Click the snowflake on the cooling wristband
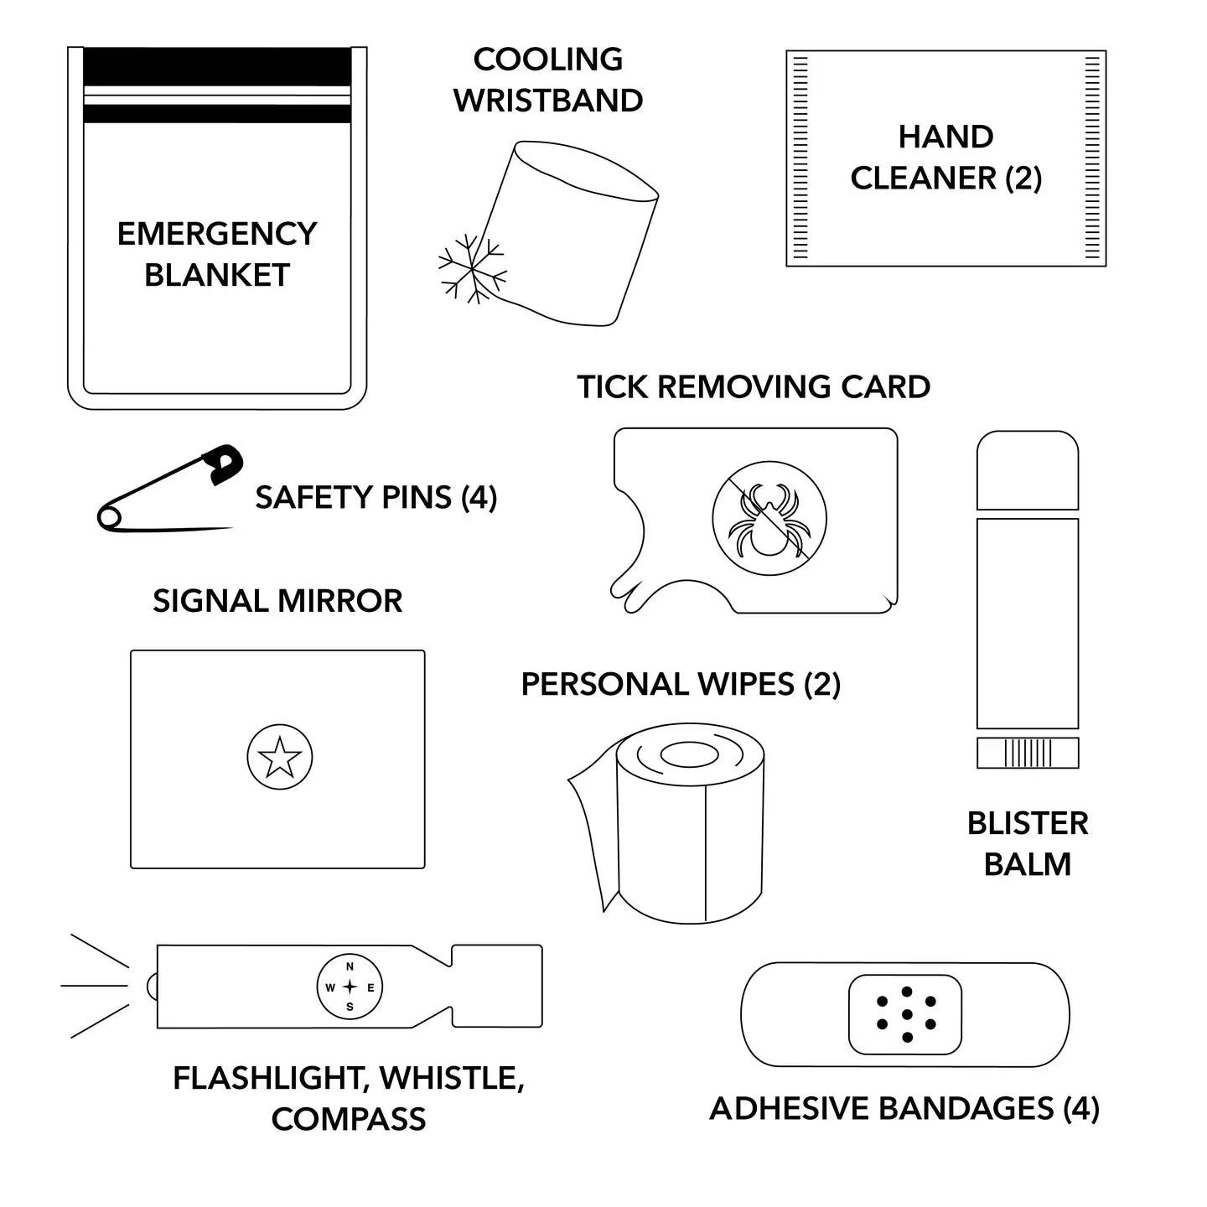[x=472, y=269]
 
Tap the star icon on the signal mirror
[x=280, y=757]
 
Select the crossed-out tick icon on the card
[x=769, y=518]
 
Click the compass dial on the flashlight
[x=350, y=987]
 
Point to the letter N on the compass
[x=350, y=967]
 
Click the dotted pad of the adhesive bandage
[x=905, y=1014]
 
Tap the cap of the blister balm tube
[x=1028, y=470]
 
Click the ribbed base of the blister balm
[x=1028, y=753]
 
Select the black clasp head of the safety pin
[x=224, y=463]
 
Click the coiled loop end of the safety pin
[x=109, y=518]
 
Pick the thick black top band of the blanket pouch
[x=217, y=67]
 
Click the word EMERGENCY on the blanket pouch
[x=217, y=234]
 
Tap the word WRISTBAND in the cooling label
[x=548, y=101]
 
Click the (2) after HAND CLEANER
[x=1023, y=179]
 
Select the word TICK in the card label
[x=612, y=387]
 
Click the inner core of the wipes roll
[x=689, y=755]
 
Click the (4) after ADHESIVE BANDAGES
[x=1081, y=1109]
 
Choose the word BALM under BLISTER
[x=1028, y=864]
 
